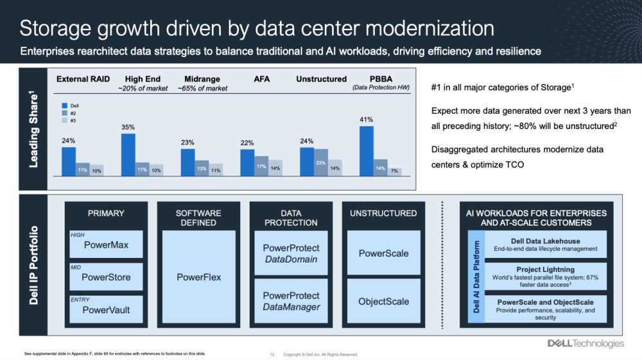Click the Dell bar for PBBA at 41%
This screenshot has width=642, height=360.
pyautogui.click(x=366, y=150)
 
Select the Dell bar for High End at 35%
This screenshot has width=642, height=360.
pyautogui.click(x=128, y=154)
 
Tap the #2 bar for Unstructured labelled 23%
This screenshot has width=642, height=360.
pyautogui.click(x=321, y=162)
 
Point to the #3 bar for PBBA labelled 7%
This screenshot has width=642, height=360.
pyautogui.click(x=394, y=172)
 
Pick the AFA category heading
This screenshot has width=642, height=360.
pyautogui.click(x=261, y=79)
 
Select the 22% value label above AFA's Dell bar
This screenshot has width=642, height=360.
pyautogui.click(x=247, y=142)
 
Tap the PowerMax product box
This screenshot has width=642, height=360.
pyautogui.click(x=107, y=244)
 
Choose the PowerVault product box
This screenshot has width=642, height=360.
pyautogui.click(x=107, y=309)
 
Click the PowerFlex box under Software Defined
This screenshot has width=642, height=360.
pyautogui.click(x=199, y=277)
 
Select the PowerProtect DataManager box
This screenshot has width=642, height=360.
pyautogui.click(x=291, y=301)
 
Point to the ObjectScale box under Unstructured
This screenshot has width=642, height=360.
pyautogui.click(x=384, y=301)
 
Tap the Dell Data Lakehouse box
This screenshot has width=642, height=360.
pyautogui.click(x=545, y=244)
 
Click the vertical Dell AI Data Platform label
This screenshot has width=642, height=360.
pyautogui.click(x=476, y=277)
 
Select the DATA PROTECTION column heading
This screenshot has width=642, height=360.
pyautogui.click(x=291, y=218)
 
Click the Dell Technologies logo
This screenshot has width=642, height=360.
pyautogui.click(x=585, y=343)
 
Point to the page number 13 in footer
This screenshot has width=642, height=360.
pyautogui.click(x=272, y=354)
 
